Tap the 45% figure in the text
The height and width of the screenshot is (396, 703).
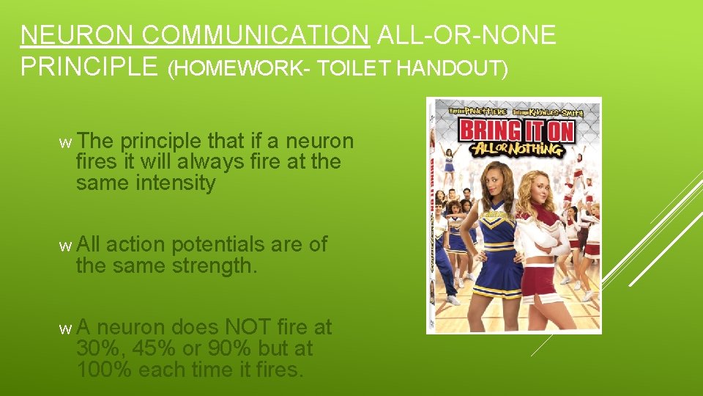coord(154,348)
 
